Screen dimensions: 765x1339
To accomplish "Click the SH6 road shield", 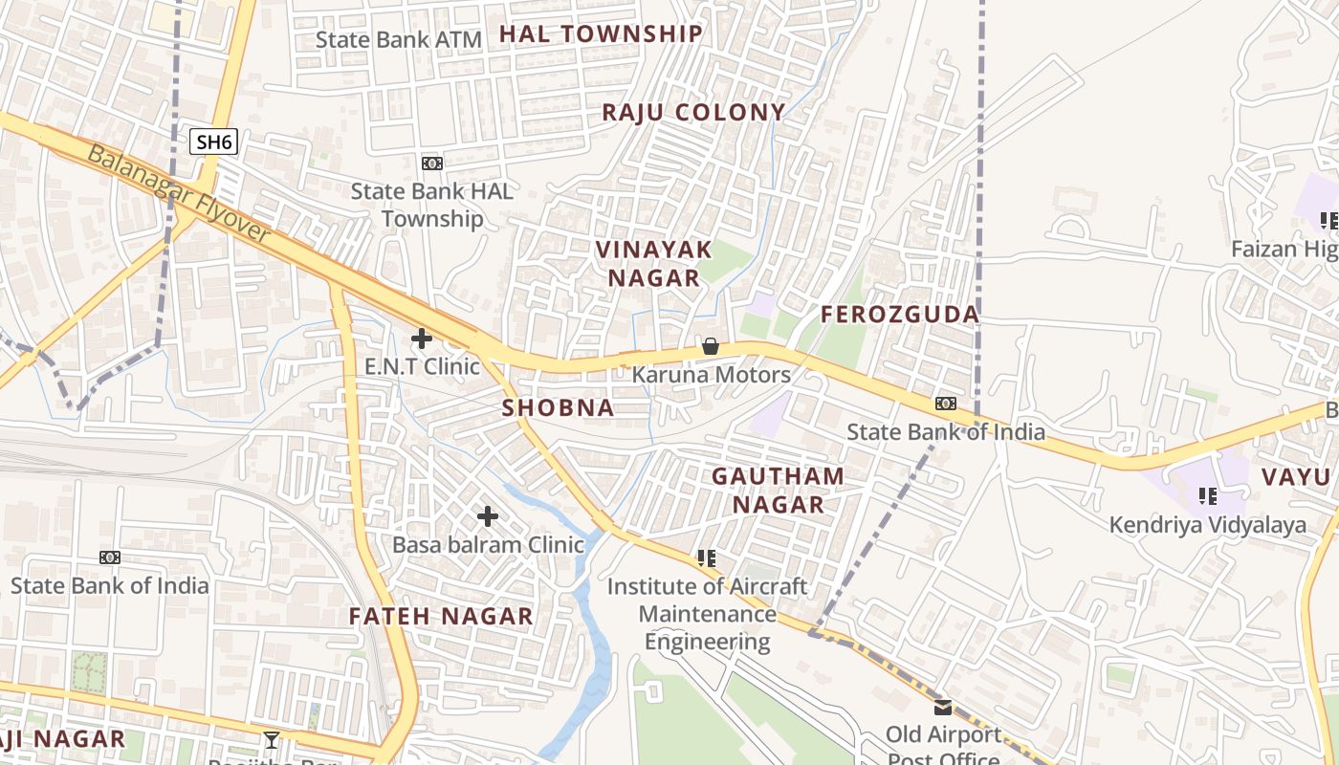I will (x=213, y=142).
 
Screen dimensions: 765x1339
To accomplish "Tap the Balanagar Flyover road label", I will (x=178, y=194).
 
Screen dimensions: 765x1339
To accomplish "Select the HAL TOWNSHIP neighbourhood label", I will (x=601, y=34).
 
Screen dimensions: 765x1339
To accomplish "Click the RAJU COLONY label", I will (x=693, y=112).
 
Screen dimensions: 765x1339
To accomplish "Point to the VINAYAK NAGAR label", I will (x=654, y=264).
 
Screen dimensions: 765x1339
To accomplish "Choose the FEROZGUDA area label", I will (x=900, y=314).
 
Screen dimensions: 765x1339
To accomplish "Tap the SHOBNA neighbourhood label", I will (x=559, y=407).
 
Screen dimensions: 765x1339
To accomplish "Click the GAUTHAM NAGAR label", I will (x=779, y=490).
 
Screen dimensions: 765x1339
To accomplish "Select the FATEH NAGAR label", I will (x=441, y=616).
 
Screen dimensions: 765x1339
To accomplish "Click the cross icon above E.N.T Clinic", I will (x=421, y=338).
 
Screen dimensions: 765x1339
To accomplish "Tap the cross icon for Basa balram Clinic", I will (x=488, y=516).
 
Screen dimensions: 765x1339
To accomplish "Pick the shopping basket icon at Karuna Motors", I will (x=711, y=346).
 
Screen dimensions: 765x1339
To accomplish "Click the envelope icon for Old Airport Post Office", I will (x=944, y=708).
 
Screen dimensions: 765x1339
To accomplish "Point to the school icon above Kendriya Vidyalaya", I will (x=1208, y=496).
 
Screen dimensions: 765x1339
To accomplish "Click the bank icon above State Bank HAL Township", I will (x=432, y=164).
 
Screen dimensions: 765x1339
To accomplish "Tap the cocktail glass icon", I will (x=272, y=739).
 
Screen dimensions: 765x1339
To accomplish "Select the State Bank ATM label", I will (x=399, y=39).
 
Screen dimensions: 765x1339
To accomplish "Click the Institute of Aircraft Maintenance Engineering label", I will (x=708, y=613).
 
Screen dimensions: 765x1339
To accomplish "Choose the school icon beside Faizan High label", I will (x=1328, y=222).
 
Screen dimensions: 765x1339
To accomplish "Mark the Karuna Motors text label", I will (x=712, y=375).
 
